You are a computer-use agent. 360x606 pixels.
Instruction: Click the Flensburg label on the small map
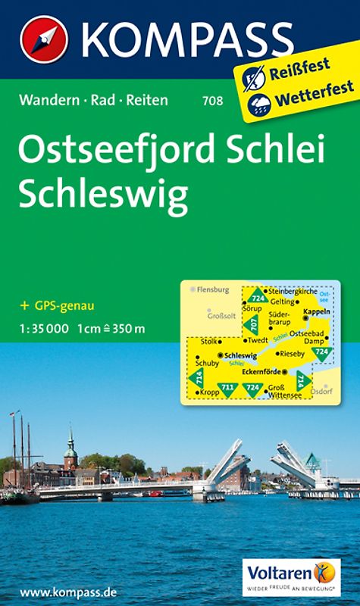tap(214, 289)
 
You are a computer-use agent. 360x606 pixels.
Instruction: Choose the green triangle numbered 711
tap(227, 389)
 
